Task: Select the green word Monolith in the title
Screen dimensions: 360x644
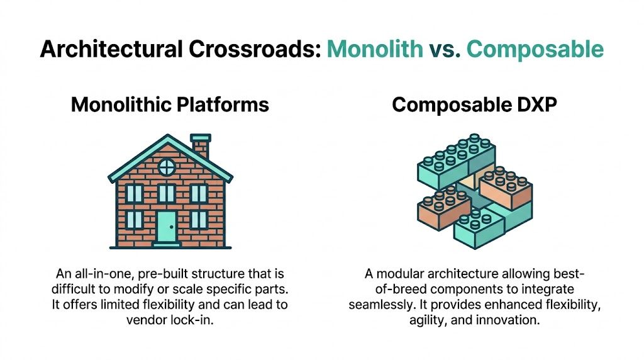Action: coord(375,49)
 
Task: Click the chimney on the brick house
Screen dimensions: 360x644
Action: coord(201,146)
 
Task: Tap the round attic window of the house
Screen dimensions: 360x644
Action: coord(167,167)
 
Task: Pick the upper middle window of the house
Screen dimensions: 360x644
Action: coord(167,193)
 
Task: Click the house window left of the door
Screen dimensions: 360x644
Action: coord(135,220)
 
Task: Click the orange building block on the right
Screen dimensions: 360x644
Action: coord(506,189)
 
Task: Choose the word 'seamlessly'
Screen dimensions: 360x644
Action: coord(379,305)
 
